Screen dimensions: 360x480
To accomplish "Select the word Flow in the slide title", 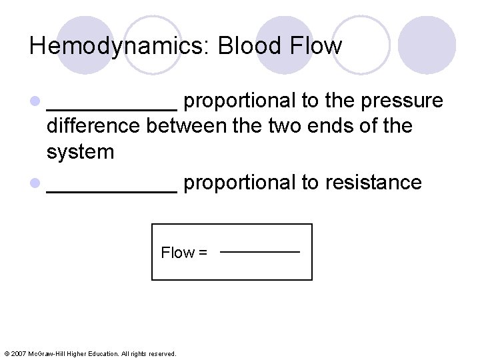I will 316,45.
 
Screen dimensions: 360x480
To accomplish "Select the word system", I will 80,152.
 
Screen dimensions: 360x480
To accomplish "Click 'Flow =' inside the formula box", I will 184,253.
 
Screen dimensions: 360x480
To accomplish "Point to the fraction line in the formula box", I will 260,252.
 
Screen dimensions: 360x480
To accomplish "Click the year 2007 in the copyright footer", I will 18,353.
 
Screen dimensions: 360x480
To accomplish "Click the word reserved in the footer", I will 162,353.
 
